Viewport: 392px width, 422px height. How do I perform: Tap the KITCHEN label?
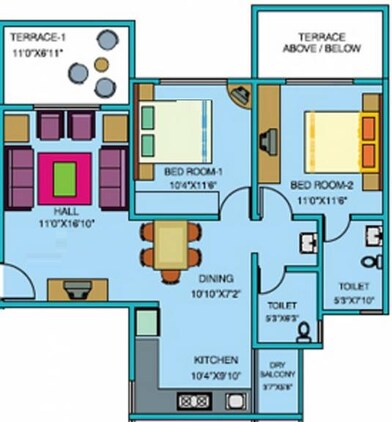[216, 359]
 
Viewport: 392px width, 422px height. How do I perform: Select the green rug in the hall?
[65, 167]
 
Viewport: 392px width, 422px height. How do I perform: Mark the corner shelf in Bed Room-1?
[240, 97]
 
